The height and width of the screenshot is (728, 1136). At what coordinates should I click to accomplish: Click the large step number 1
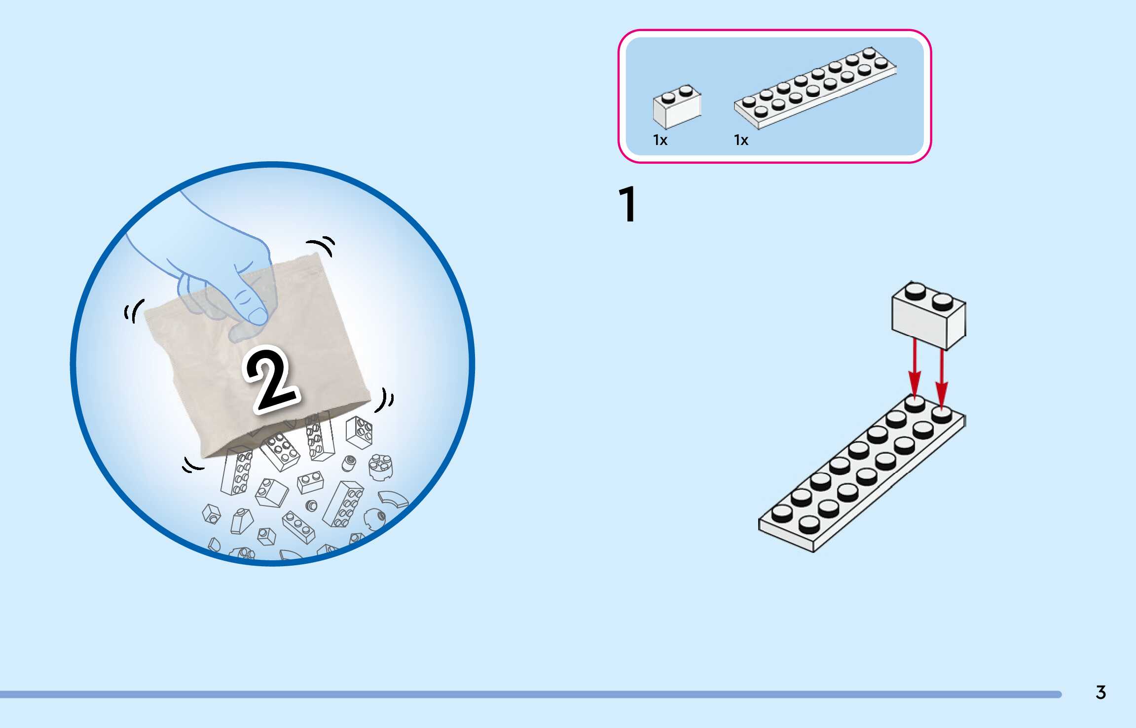pos(628,204)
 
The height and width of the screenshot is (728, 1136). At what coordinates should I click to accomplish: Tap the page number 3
pos(1100,692)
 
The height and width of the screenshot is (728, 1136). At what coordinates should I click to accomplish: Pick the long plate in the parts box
pos(815,88)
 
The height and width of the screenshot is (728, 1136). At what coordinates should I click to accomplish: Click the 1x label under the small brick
pos(660,140)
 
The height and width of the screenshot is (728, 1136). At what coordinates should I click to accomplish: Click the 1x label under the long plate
pos(741,140)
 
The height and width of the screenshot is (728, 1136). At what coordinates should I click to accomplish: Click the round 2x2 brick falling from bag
pos(381,466)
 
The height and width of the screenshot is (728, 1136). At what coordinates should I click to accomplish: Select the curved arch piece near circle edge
pos(394,499)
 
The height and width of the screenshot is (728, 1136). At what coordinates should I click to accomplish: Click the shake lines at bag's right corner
pos(385,400)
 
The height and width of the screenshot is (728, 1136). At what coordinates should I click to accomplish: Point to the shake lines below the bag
pos(192,465)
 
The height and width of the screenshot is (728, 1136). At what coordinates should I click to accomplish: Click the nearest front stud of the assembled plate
pos(809,524)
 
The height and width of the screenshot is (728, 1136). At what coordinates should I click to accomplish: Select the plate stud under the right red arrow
pos(941,414)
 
